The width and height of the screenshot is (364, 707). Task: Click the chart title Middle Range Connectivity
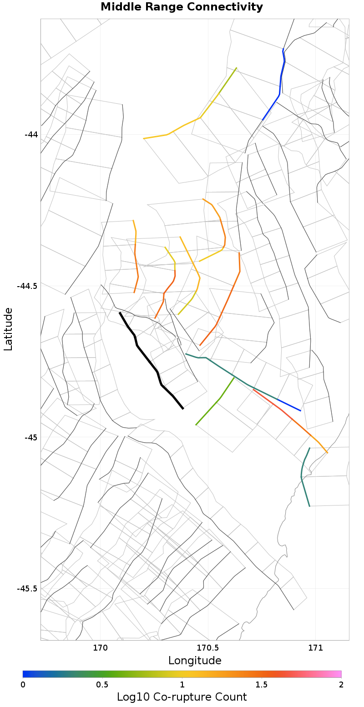point(182,7)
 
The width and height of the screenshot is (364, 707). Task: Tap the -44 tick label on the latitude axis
point(31,135)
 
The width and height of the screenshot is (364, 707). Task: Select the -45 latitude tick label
point(31,438)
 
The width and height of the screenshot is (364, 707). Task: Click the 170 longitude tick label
point(100,647)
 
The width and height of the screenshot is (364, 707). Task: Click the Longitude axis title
point(195,660)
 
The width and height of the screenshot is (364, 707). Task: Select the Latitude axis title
point(8,328)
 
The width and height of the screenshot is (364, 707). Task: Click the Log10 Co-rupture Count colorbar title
point(182,697)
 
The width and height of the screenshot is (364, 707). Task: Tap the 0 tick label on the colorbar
point(23,685)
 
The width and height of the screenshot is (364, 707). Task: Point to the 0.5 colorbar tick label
point(102,685)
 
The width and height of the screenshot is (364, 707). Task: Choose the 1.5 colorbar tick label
point(262,685)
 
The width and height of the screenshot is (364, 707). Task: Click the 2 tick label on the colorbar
point(341,685)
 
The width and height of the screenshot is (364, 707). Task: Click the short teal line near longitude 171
point(303,478)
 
